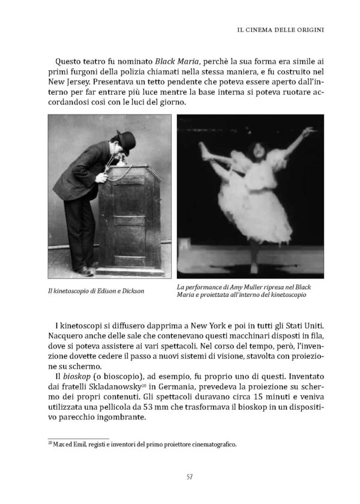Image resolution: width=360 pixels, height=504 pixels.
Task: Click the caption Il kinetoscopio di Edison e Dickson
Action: [x=98, y=292]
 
